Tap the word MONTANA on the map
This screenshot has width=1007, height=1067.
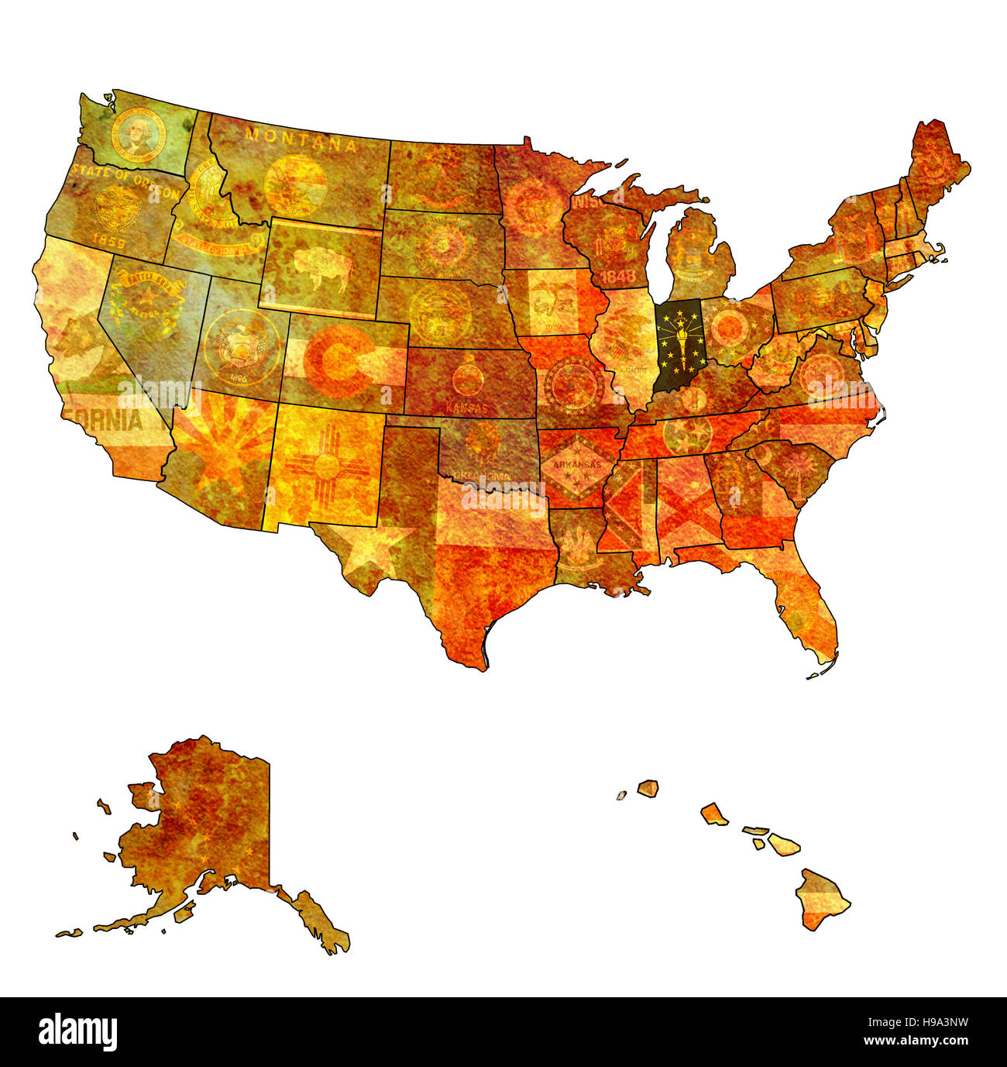[301, 140]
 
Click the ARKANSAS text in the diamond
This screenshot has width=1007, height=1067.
[573, 464]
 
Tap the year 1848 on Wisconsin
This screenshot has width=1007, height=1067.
[617, 276]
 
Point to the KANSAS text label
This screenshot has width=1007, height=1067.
[467, 408]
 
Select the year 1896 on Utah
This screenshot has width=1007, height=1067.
[238, 379]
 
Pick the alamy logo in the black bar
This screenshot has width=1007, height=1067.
[78, 1032]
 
